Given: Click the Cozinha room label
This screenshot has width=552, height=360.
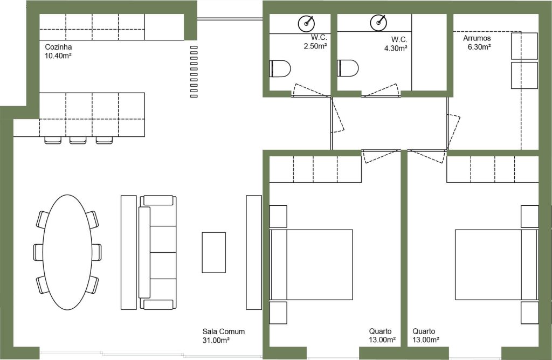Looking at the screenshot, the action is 58,47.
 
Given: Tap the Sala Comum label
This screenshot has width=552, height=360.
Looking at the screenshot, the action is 223,331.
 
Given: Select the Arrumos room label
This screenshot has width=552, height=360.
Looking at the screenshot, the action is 477,38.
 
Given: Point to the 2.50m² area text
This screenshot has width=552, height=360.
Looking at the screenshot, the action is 315,46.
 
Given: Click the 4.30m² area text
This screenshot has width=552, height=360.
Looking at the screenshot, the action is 396,48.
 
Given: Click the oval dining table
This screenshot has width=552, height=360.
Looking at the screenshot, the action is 67,252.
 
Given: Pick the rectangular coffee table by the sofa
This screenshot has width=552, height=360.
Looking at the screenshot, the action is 213,252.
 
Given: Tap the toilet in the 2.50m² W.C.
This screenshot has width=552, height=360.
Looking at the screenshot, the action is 280,68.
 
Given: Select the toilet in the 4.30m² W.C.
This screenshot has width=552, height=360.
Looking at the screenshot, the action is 348,68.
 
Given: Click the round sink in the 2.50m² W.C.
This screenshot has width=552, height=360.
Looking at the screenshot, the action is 306,24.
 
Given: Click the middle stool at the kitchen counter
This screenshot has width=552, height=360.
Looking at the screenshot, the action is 78,140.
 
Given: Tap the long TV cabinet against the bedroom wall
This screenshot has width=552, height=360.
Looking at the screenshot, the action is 254,252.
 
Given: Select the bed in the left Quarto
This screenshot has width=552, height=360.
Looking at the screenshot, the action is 311,265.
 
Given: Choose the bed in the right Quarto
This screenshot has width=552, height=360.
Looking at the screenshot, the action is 496,265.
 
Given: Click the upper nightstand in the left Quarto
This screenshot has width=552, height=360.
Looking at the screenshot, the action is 278,217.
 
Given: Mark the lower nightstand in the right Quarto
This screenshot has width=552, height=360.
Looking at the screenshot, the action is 530,313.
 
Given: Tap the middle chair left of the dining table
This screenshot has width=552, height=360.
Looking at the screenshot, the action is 38,252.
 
